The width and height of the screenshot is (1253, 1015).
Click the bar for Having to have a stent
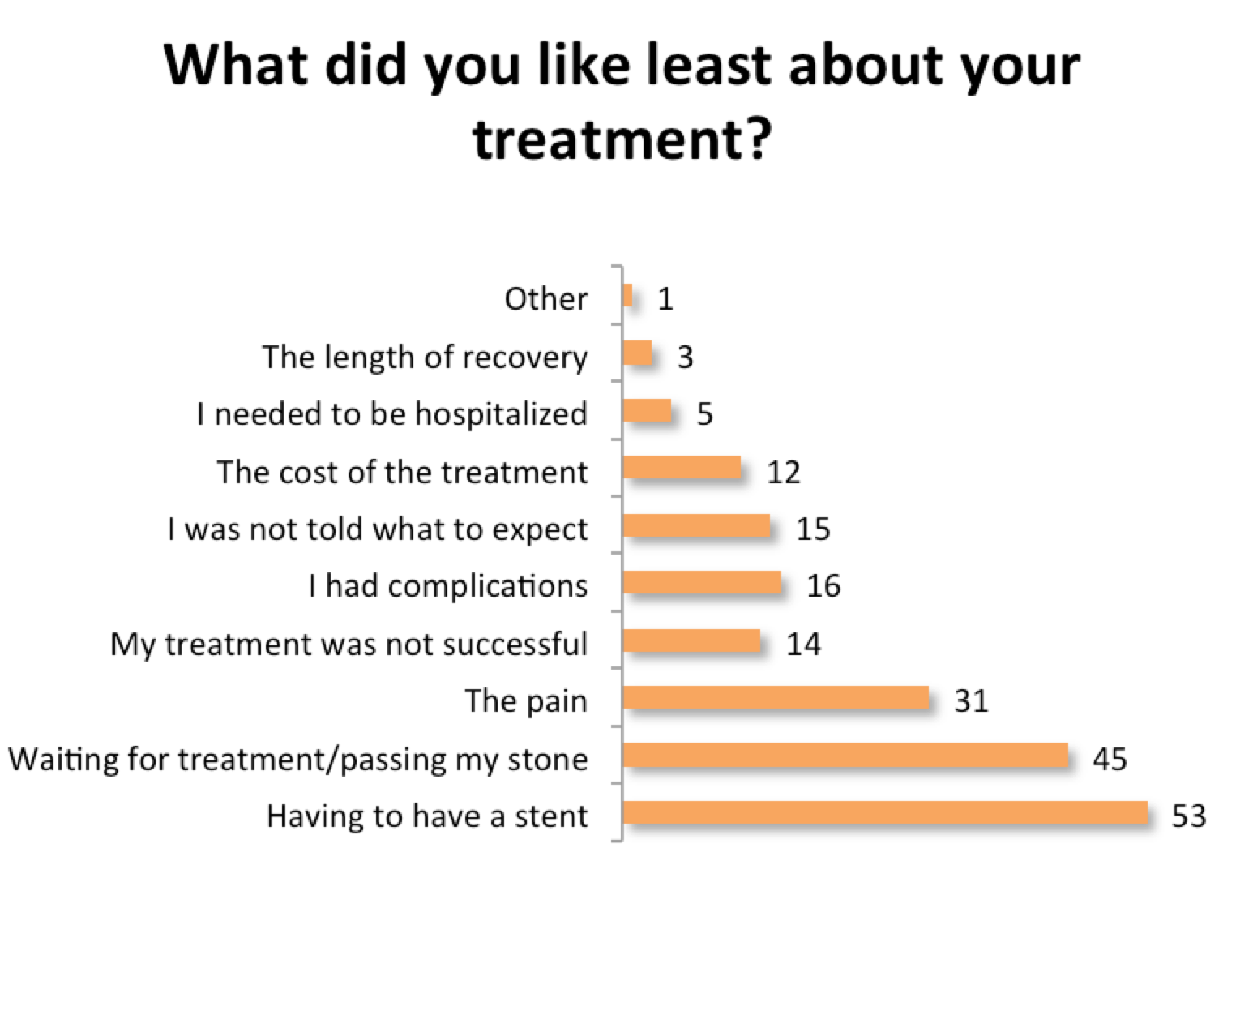(x=885, y=812)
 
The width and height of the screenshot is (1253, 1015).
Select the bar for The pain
(x=776, y=697)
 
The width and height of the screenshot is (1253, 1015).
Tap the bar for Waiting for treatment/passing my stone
(x=845, y=755)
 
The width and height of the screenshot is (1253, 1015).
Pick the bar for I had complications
(x=703, y=583)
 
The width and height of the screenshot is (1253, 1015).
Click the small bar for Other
(x=627, y=295)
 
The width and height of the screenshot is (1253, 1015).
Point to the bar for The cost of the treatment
(x=682, y=468)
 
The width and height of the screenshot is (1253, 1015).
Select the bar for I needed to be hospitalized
(x=647, y=410)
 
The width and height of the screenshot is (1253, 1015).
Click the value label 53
(x=1189, y=816)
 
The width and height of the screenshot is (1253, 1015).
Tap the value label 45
(x=1110, y=759)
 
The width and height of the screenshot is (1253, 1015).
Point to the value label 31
(x=971, y=700)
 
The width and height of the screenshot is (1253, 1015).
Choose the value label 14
(x=803, y=644)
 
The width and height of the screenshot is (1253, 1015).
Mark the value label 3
(x=686, y=358)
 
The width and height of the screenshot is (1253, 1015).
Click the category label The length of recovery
(x=425, y=358)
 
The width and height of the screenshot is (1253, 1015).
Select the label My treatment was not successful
(x=349, y=644)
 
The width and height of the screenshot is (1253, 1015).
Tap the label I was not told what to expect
(x=378, y=529)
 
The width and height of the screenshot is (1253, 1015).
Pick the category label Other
(x=546, y=299)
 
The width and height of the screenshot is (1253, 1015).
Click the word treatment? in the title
(x=622, y=139)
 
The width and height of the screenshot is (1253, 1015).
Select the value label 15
(x=813, y=529)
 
